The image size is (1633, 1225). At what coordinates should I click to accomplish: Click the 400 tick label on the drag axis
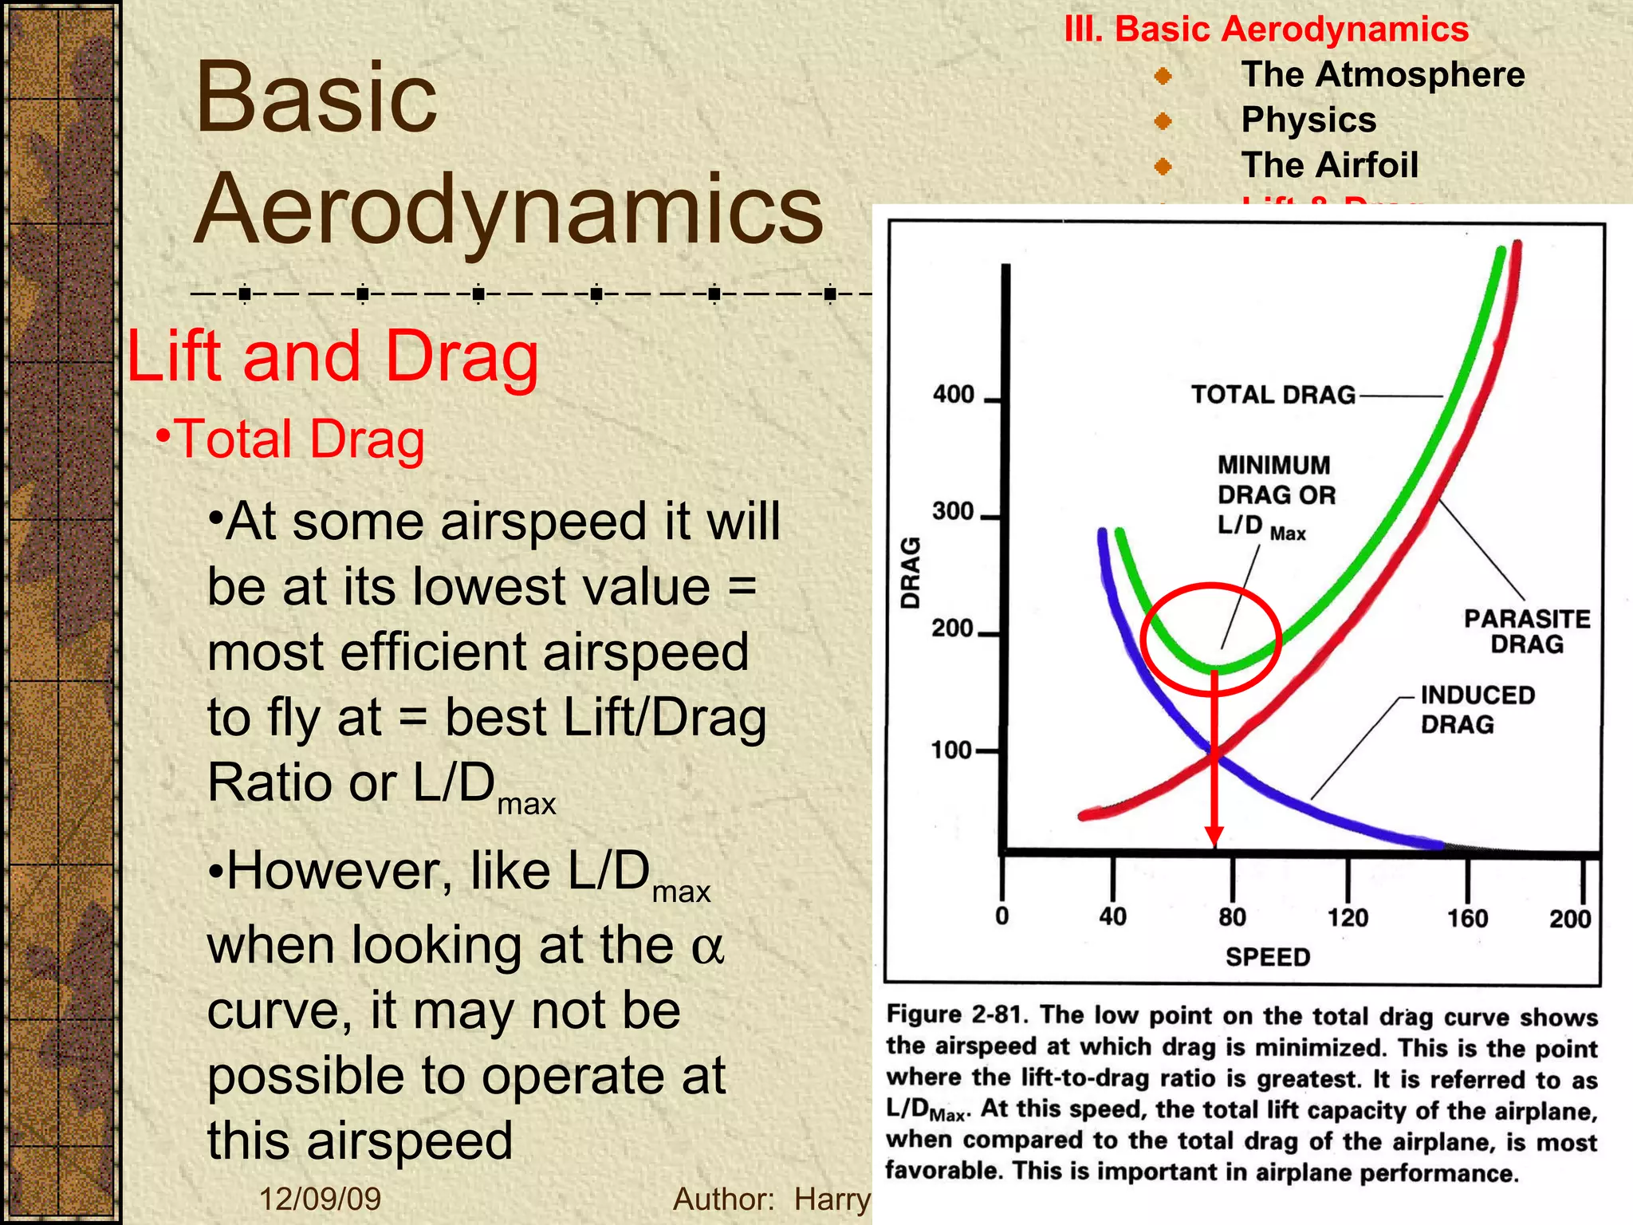[x=954, y=394]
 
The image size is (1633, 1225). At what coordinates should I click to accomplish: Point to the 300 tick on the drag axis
[x=953, y=511]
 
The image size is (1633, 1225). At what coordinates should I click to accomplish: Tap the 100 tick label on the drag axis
[x=951, y=750]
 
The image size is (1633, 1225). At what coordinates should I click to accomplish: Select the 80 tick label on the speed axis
[x=1232, y=917]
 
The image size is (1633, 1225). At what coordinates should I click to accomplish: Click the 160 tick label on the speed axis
[x=1467, y=918]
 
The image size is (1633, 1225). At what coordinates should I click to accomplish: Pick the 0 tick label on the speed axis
[x=1002, y=916]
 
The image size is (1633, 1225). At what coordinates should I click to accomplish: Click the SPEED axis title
[x=1268, y=957]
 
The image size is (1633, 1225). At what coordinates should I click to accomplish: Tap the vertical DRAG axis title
[x=910, y=573]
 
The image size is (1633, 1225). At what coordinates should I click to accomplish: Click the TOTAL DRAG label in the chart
[x=1273, y=395]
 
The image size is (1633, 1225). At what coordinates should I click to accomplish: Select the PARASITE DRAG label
[x=1527, y=631]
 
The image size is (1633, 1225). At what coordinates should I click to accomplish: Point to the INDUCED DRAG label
[x=1477, y=709]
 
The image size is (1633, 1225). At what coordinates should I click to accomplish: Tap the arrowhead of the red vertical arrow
[x=1214, y=837]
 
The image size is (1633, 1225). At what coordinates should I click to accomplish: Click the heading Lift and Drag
[x=333, y=356]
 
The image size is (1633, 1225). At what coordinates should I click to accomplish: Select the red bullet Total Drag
[x=292, y=439]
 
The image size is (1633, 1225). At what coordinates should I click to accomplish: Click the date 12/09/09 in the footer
[x=321, y=1199]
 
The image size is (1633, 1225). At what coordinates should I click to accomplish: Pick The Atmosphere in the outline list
[x=1383, y=75]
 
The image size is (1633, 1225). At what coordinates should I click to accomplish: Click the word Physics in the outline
[x=1308, y=120]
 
